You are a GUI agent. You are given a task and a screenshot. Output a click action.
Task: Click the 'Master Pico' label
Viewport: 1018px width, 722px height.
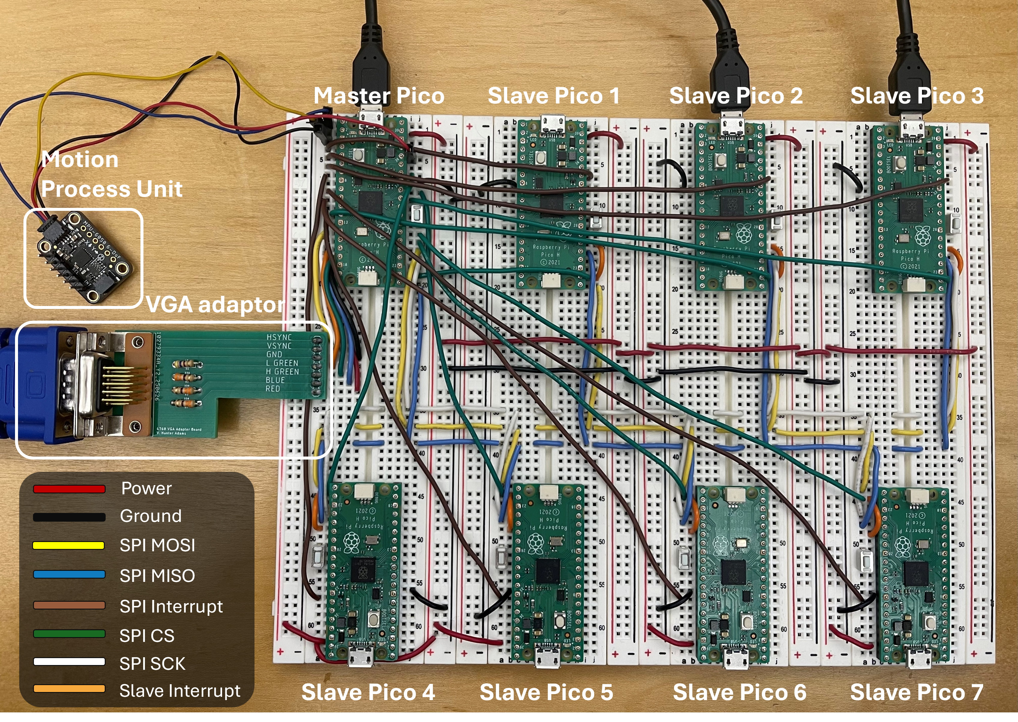379,96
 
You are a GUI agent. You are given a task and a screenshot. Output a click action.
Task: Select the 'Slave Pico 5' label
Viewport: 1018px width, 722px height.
546,692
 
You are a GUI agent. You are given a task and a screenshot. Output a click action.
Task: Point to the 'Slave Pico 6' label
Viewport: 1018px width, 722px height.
739,692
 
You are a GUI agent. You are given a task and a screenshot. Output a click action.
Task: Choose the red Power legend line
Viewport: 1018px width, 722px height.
69,489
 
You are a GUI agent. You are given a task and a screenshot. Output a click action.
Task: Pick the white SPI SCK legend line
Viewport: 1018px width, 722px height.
69,662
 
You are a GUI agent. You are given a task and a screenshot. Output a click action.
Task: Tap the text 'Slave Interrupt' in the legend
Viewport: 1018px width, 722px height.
180,691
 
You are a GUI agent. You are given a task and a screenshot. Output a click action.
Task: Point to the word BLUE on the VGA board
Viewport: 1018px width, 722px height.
275,380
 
